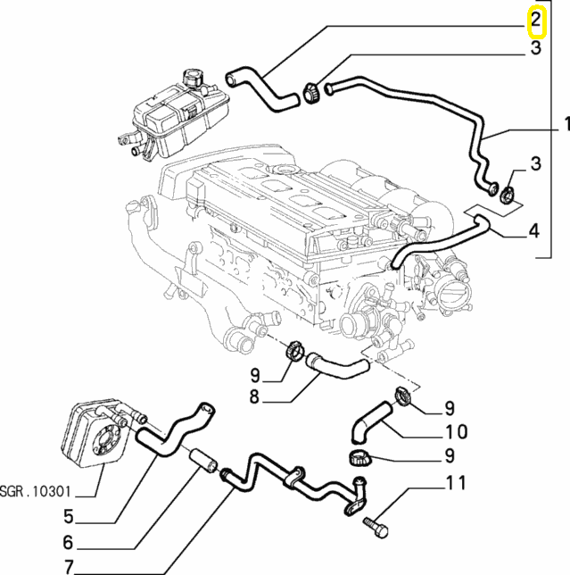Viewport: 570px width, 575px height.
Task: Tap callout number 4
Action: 533,230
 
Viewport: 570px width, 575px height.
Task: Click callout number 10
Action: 455,433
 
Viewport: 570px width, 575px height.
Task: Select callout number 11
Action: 456,485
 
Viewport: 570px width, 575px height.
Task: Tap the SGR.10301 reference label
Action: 37,490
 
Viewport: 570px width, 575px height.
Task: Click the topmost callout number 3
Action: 536,48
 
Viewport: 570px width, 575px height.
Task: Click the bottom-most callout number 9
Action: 450,459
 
